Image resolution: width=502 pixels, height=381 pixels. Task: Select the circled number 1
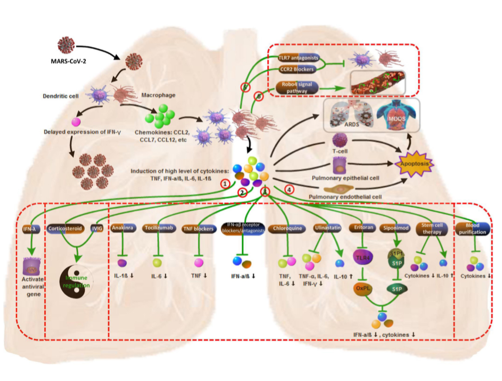226,184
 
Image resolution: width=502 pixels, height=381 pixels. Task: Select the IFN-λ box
33,229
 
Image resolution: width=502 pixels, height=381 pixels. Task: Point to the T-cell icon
340,140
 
